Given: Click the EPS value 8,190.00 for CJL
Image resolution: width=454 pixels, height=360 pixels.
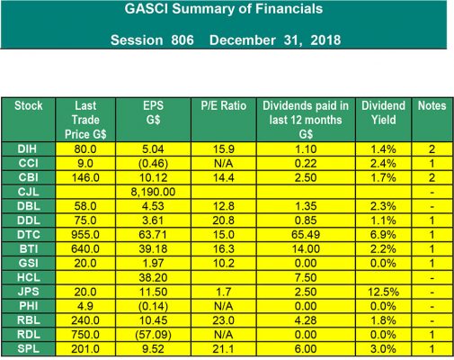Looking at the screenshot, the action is pyautogui.click(x=153, y=192).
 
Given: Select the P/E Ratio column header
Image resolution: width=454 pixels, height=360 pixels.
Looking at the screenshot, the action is pyautogui.click(x=224, y=106).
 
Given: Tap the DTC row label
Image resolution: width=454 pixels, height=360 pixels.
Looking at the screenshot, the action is pyautogui.click(x=29, y=235).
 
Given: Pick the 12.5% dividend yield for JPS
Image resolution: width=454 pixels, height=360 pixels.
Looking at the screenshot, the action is pyautogui.click(x=383, y=292).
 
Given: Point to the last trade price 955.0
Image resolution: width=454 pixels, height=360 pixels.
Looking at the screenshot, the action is pyautogui.click(x=85, y=235).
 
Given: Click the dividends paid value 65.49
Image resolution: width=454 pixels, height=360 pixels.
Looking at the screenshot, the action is pyautogui.click(x=306, y=235).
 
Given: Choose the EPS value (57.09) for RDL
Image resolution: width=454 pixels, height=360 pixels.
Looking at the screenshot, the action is pyautogui.click(x=153, y=335).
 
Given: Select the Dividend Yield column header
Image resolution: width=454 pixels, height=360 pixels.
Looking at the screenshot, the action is pyautogui.click(x=383, y=112).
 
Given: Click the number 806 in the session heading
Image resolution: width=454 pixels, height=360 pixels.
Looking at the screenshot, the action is pyautogui.click(x=182, y=40).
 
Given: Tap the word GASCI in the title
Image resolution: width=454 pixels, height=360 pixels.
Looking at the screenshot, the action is pyautogui.click(x=147, y=9).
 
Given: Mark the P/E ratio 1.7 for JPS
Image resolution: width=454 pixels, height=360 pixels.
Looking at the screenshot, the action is pyautogui.click(x=224, y=292).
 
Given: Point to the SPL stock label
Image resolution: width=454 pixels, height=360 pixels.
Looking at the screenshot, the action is pyautogui.click(x=29, y=349).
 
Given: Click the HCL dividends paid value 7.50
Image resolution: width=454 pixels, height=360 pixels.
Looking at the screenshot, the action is pyautogui.click(x=306, y=277).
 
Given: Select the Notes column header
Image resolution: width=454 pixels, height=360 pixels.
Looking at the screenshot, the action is pyautogui.click(x=432, y=106).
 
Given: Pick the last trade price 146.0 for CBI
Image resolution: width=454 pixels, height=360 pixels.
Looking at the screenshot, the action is pyautogui.click(x=85, y=177).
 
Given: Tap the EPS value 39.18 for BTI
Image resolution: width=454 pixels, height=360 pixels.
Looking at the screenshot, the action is pyautogui.click(x=153, y=249).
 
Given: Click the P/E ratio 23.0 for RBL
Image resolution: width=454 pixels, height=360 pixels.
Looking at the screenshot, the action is pyautogui.click(x=224, y=320).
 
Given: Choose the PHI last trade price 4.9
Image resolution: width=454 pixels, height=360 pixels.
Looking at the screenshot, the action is pyautogui.click(x=85, y=306).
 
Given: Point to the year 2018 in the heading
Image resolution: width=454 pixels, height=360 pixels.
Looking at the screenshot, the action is pyautogui.click(x=325, y=40).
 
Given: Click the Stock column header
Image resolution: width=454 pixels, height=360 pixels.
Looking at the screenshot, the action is pyautogui.click(x=29, y=106).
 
